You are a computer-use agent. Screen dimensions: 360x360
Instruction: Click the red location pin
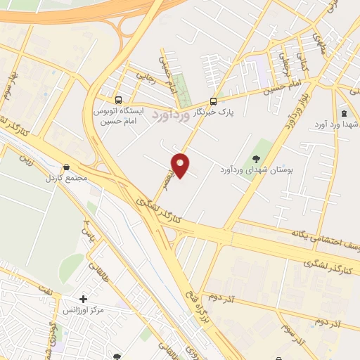(x=181, y=165)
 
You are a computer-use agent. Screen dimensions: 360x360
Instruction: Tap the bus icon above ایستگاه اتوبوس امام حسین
(x=118, y=100)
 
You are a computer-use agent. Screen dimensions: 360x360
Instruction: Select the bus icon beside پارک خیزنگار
(x=214, y=100)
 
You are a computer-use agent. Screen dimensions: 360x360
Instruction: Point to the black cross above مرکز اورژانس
(x=84, y=299)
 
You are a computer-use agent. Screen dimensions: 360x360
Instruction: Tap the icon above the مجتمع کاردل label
(x=66, y=167)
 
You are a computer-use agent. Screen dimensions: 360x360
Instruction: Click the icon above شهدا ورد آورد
(x=343, y=113)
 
